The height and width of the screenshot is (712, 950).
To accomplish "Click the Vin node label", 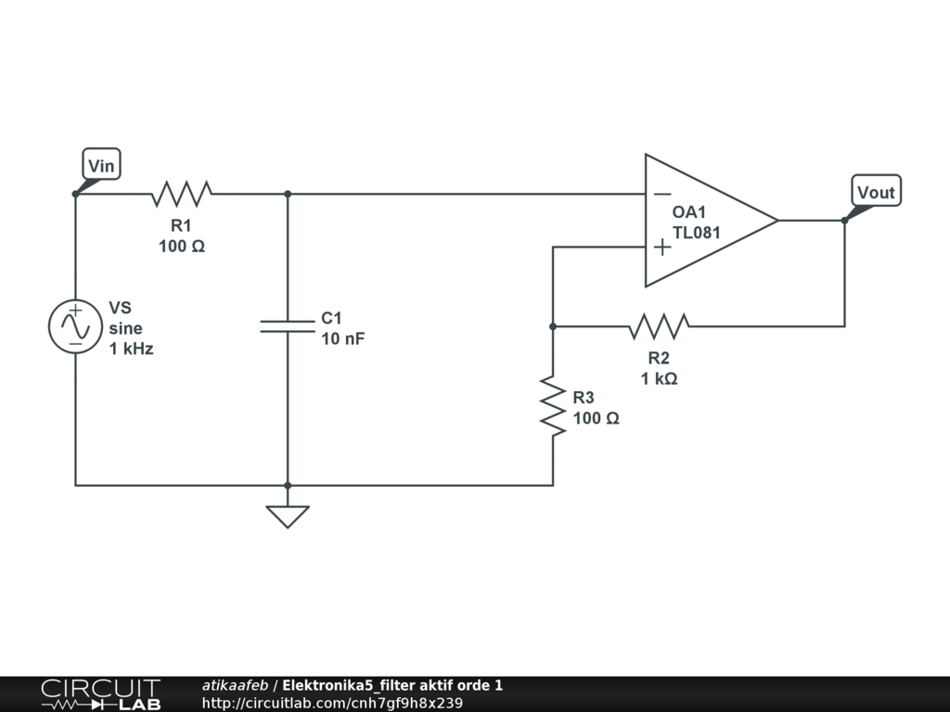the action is tap(101, 165).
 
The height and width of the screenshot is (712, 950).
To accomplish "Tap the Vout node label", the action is tap(876, 191).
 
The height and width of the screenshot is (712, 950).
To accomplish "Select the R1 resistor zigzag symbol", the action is tap(182, 194).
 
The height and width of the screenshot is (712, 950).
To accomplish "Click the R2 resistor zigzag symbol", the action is tap(660, 326).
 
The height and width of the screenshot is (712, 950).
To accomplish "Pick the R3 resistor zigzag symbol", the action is tap(553, 406).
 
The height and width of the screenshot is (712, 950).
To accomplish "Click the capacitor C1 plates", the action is tap(288, 326).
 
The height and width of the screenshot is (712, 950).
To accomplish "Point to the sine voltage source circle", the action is tap(76, 326).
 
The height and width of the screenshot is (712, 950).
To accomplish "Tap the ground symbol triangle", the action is tap(288, 516).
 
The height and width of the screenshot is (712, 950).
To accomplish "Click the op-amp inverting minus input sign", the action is tap(662, 194).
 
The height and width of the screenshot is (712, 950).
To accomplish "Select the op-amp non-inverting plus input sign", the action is tap(662, 247).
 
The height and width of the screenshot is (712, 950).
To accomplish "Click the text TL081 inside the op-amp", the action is tap(696, 233).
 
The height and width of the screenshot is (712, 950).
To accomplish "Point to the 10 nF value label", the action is tap(343, 338).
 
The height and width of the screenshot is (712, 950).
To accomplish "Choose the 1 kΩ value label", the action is tap(660, 378).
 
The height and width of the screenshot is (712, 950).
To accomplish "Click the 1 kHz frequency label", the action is tap(131, 349).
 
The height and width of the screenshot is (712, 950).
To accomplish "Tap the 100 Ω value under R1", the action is tap(182, 247).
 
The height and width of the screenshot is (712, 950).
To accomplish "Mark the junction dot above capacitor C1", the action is tap(288, 194).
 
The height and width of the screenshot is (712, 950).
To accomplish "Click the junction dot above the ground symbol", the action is tap(288, 486).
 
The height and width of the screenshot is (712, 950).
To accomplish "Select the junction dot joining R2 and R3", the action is tap(553, 326).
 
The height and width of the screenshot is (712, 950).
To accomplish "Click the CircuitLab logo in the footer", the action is tap(100, 694).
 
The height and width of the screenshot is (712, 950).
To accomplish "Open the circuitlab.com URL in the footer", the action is tap(333, 703).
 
